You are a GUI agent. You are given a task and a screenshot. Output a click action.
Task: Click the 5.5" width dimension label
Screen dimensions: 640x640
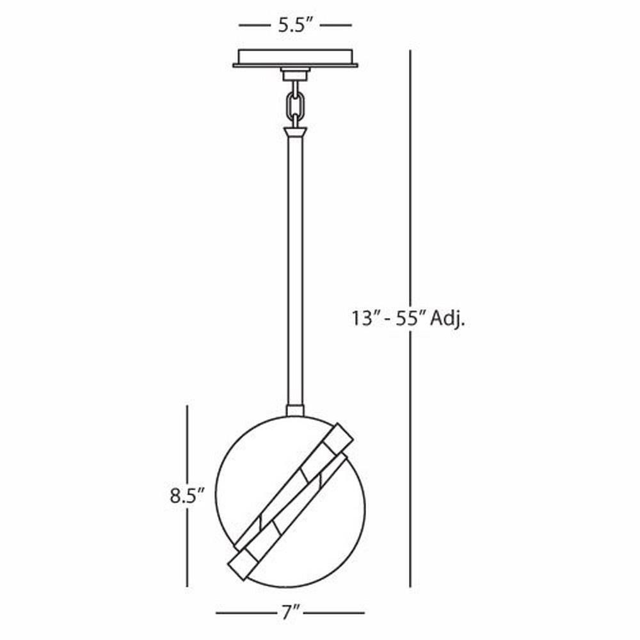[x=295, y=26]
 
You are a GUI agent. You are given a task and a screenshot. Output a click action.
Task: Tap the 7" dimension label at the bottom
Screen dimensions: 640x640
[x=290, y=612]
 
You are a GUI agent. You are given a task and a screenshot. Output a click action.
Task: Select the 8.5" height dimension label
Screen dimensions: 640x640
[x=186, y=496]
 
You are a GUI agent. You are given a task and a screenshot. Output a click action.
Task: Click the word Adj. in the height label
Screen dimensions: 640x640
[x=448, y=319]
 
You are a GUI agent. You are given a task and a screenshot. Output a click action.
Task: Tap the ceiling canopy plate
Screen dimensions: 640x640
[x=295, y=58]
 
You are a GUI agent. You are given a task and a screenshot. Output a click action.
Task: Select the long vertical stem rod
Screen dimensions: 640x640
[x=295, y=271]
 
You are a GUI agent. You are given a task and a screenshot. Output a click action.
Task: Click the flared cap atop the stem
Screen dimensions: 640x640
[x=295, y=132]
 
